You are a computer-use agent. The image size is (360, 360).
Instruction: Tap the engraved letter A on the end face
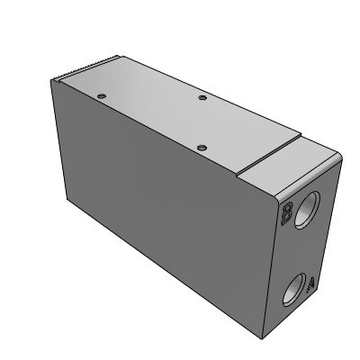pyautogui.click(x=309, y=286)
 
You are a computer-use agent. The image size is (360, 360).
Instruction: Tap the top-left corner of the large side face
pyautogui.click(x=54, y=80)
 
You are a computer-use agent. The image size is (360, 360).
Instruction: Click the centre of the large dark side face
pyautogui.click(x=162, y=202)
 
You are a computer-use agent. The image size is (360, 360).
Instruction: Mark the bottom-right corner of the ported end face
pyautogui.click(x=314, y=306)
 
